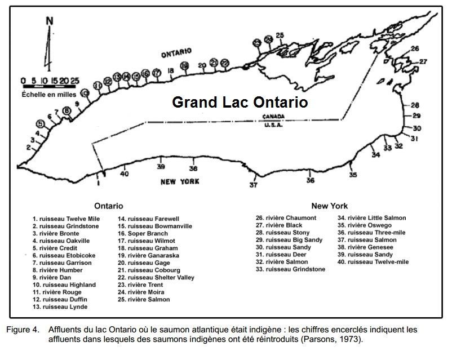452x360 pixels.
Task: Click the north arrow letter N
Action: pyautogui.click(x=50, y=21)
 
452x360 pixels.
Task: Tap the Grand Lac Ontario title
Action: pyautogui.click(x=240, y=103)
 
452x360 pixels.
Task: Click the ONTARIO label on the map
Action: pyautogui.click(x=176, y=54)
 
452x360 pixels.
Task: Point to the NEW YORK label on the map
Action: pyautogui.click(x=180, y=181)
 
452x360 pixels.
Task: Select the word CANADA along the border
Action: pyautogui.click(x=274, y=117)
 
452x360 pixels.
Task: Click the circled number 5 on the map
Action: pyautogui.click(x=39, y=124)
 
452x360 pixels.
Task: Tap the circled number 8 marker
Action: pyautogui.click(x=67, y=111)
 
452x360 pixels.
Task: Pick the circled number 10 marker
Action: pyautogui.click(x=85, y=94)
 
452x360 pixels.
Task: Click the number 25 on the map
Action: pyautogui.click(x=280, y=36)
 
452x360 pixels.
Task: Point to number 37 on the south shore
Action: pyautogui.click(x=254, y=185)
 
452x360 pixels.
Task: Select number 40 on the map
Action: pyautogui.click(x=125, y=174)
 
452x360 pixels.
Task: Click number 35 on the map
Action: pyautogui.click(x=353, y=175)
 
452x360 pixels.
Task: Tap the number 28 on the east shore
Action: pyautogui.click(x=415, y=105)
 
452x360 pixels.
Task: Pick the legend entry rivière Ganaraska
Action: pyautogui.click(x=147, y=255)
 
